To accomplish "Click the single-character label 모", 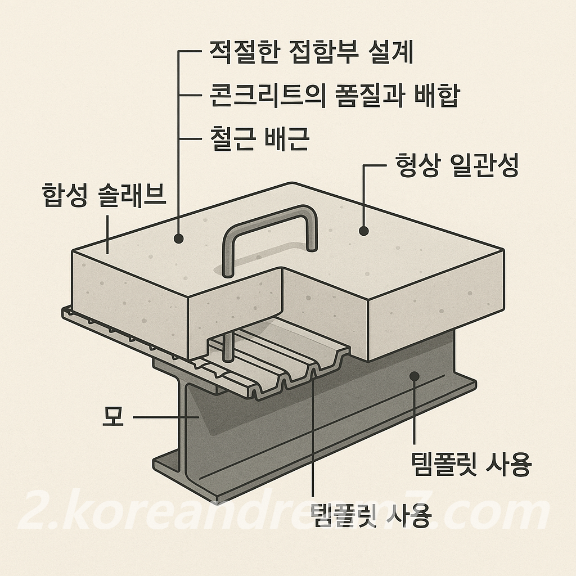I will [x=113, y=417].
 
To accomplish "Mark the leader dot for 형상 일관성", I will [x=364, y=231].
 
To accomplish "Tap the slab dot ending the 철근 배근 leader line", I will [x=179, y=238].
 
